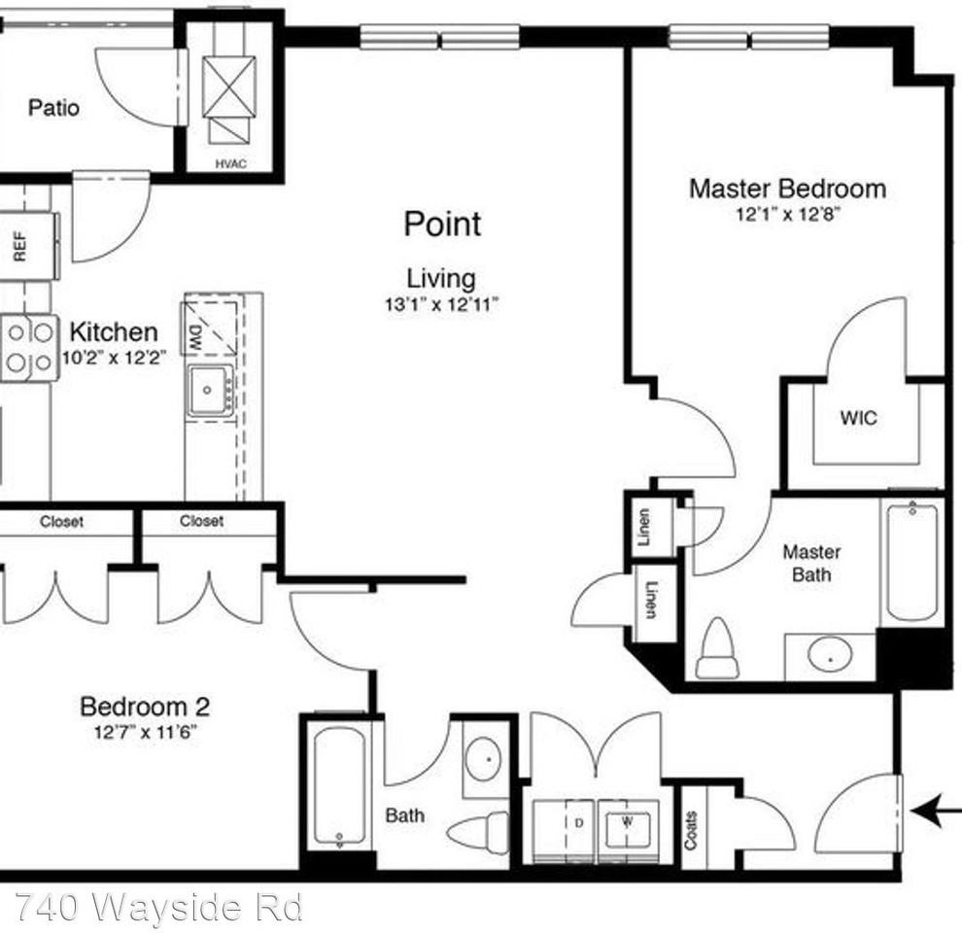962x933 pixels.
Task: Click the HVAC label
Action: [230, 163]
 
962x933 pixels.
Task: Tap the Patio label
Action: [53, 107]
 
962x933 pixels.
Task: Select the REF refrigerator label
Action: [18, 247]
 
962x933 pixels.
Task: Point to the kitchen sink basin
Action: [208, 391]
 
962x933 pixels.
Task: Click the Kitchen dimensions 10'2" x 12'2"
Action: [115, 357]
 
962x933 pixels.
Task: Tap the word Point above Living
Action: [442, 224]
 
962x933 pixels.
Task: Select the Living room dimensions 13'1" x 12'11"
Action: [441, 304]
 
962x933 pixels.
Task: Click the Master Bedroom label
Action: [787, 188]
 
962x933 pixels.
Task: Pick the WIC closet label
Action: [858, 418]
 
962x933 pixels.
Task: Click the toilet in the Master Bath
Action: [717, 649]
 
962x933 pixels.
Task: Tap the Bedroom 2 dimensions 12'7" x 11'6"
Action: [146, 733]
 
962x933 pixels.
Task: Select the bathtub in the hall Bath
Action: [338, 785]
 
